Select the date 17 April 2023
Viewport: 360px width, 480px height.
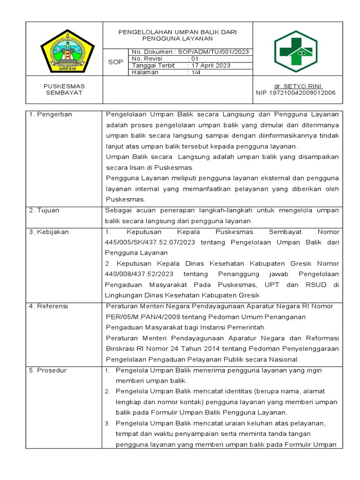click(209, 66)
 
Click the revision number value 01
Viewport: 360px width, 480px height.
click(193, 59)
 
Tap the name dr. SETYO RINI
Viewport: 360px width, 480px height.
click(298, 86)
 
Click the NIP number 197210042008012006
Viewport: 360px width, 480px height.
click(296, 93)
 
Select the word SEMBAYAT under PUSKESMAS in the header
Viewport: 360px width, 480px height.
click(64, 93)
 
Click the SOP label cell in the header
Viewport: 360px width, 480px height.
click(115, 62)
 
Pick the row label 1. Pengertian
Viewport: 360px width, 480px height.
click(51, 114)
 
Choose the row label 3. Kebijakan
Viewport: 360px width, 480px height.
click(48, 232)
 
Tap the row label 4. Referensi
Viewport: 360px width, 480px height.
click(48, 306)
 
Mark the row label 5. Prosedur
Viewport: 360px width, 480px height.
click(48, 370)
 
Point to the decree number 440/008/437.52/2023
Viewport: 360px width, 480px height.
click(140, 274)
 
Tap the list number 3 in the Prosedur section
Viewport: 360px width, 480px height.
click(107, 424)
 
